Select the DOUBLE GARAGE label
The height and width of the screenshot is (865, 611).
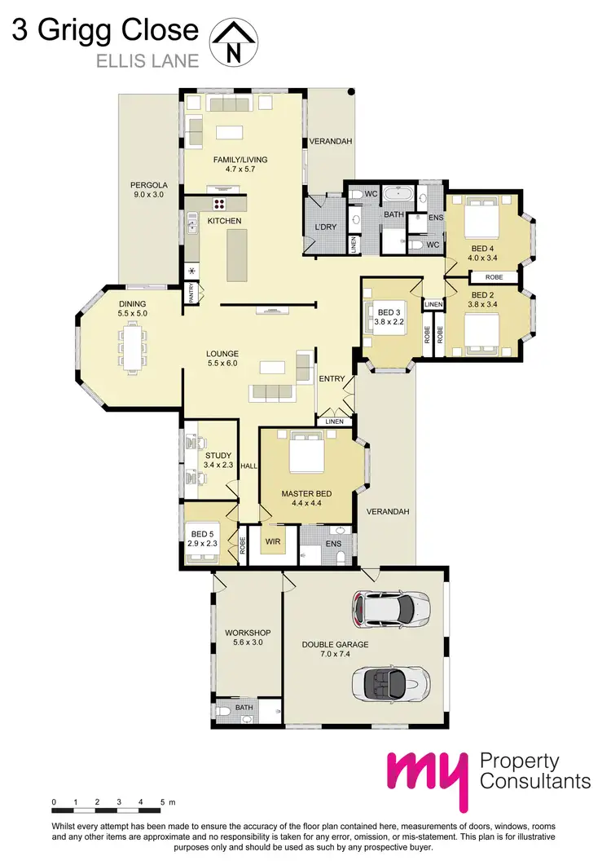(335, 644)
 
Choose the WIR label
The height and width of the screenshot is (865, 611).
(272, 539)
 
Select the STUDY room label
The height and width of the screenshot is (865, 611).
(218, 456)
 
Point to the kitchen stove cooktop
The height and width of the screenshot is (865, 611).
(219, 204)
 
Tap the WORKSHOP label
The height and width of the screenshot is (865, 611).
(248, 633)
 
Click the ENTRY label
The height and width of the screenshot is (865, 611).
(332, 378)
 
